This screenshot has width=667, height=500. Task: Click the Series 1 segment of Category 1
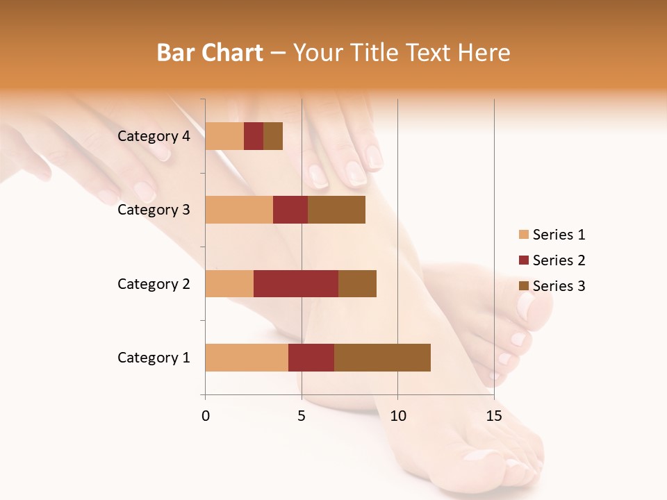point(247,358)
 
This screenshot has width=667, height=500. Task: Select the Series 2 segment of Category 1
point(311,358)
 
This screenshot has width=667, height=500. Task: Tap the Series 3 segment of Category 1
point(382,358)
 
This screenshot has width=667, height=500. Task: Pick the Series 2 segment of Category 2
point(296,283)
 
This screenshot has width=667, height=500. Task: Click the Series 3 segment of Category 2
point(357,283)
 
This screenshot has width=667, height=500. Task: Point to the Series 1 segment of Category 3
point(239,210)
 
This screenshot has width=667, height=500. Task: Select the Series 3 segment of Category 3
point(336,210)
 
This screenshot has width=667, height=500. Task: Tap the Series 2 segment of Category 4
point(254,136)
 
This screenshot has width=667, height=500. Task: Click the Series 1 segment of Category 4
point(224,136)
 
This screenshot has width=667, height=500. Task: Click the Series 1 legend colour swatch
point(523,235)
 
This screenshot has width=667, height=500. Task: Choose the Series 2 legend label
point(559,260)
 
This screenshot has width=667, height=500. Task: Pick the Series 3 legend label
point(559,286)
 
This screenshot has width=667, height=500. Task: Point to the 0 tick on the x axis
point(206,416)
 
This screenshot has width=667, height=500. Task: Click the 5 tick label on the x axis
point(302,416)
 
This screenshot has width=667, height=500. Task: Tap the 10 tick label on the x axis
point(397,416)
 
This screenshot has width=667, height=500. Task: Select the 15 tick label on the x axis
point(494,416)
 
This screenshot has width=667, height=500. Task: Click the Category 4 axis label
point(154,136)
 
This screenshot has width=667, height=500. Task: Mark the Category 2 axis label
point(154,283)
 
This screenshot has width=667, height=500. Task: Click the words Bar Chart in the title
point(210,53)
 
